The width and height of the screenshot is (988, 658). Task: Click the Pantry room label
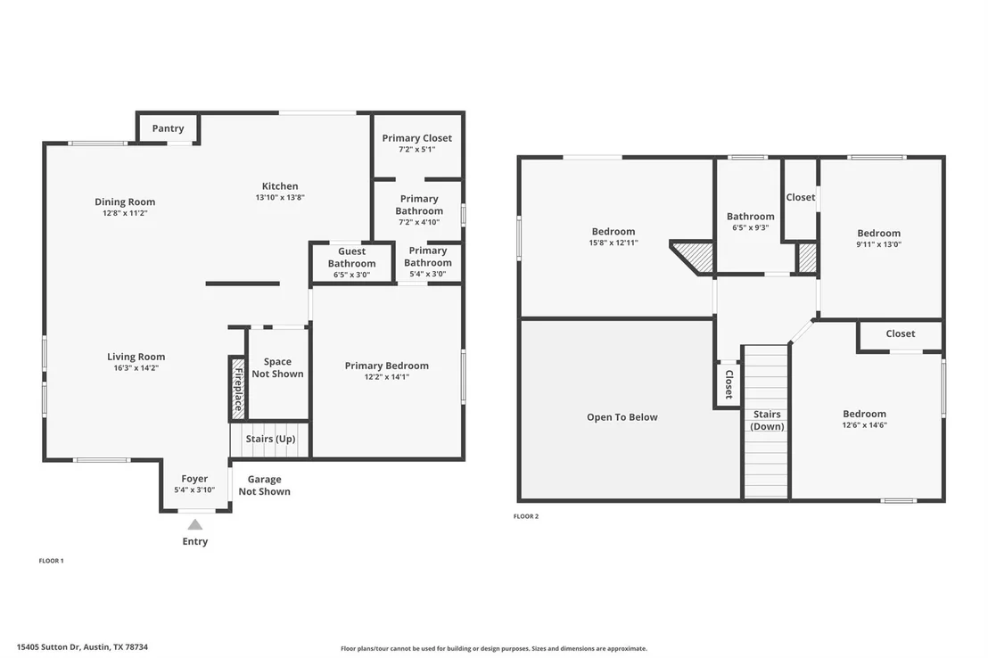(x=168, y=128)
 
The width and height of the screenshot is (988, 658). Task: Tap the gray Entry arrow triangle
(x=195, y=524)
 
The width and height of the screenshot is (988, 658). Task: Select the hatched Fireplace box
(x=237, y=389)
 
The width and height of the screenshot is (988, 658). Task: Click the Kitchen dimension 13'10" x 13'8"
(x=280, y=197)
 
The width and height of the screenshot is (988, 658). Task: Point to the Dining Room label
(x=125, y=202)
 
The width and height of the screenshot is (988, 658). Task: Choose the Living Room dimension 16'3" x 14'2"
(x=136, y=368)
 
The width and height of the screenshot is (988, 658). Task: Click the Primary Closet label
(x=416, y=138)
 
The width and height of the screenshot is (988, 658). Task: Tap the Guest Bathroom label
(x=351, y=257)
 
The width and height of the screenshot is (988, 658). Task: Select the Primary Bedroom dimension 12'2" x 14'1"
(x=386, y=377)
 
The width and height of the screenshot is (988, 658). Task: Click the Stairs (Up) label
(x=270, y=439)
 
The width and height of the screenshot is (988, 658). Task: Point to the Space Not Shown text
(x=277, y=367)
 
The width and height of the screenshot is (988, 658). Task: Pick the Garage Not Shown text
(x=264, y=485)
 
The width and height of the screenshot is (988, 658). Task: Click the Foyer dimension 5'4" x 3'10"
(x=194, y=489)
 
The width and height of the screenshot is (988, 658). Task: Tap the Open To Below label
(x=622, y=417)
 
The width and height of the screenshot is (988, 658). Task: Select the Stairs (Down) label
(x=767, y=421)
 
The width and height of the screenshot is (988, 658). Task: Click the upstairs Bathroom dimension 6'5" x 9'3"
(x=750, y=227)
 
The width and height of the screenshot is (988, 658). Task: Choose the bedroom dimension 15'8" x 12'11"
(x=613, y=243)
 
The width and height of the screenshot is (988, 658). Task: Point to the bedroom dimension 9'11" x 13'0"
(x=878, y=244)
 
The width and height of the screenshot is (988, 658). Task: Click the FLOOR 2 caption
(x=525, y=516)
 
